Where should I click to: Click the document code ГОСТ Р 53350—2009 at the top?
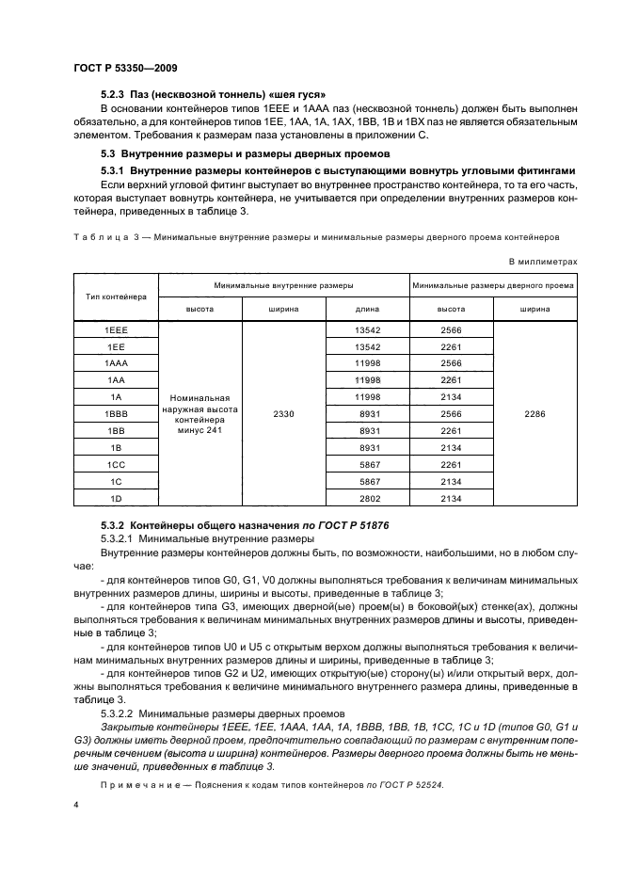[125, 69]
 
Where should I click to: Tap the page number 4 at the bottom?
[76, 807]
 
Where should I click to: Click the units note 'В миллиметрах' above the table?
[542, 261]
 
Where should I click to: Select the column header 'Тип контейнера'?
[116, 296]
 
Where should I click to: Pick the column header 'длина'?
[367, 308]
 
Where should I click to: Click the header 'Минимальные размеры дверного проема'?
[494, 283]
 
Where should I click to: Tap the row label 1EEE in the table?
[116, 330]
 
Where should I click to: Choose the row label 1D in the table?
[116, 497]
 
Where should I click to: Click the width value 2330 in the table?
[284, 413]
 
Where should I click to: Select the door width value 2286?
[534, 413]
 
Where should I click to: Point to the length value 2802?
[367, 497]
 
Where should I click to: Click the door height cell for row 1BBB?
[451, 413]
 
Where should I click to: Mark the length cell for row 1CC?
[367, 464]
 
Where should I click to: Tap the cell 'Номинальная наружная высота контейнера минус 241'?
[200, 414]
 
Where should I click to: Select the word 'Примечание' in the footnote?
[145, 784]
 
